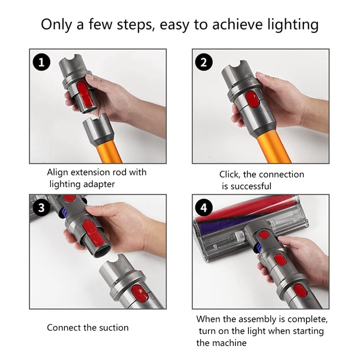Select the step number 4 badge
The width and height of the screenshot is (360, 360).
(203, 208)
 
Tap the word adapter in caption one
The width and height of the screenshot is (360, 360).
(99, 184)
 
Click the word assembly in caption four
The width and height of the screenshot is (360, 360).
(256, 319)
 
